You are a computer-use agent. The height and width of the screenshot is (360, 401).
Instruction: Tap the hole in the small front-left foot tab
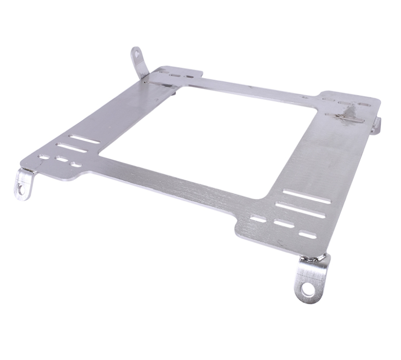21,189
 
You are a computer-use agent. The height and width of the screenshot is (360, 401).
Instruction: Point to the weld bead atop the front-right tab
313,259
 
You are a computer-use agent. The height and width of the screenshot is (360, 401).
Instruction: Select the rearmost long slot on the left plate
85,139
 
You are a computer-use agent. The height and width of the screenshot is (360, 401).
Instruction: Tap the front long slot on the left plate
71,148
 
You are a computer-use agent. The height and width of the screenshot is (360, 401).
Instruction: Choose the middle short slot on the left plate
62,159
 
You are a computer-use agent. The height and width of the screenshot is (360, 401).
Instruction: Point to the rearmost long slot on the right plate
306,196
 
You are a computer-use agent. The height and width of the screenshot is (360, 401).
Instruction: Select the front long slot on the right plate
300,210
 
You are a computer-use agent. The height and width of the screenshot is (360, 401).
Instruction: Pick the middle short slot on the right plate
284,223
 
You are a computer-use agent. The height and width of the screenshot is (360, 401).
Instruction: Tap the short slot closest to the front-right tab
307,234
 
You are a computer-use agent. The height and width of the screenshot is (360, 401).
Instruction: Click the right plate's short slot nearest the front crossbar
258,219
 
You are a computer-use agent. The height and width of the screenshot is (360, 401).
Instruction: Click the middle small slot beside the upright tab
175,75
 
